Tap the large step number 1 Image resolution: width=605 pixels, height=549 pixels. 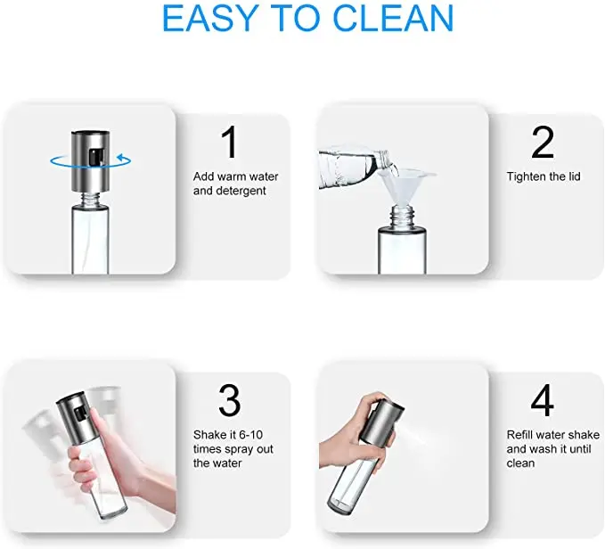[x=229, y=143]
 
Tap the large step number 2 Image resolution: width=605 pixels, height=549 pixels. [x=542, y=143]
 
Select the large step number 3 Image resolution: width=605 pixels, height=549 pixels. [x=229, y=401]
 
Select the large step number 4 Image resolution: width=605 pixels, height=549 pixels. [x=542, y=401]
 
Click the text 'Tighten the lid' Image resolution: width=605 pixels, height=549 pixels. [x=544, y=176]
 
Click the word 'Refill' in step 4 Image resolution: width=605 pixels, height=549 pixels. [x=522, y=435]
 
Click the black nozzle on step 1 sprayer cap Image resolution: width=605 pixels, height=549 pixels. [x=95, y=159]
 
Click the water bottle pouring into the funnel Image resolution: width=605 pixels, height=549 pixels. [x=352, y=165]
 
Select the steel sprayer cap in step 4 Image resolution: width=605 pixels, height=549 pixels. [x=383, y=422]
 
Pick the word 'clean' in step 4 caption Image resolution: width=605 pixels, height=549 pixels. [x=520, y=463]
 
